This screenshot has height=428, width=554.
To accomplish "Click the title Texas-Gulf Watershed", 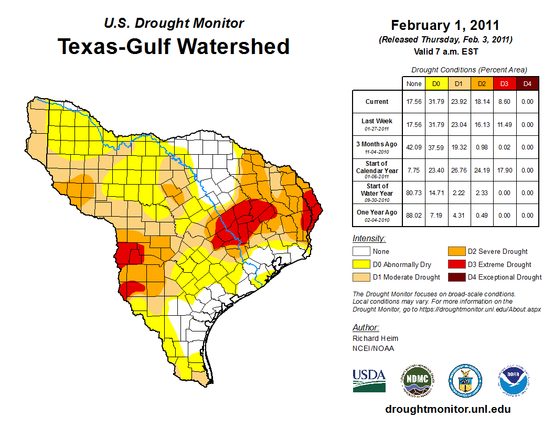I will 173,46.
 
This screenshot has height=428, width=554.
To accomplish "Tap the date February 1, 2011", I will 445,25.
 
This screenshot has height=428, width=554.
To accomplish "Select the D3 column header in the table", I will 504,83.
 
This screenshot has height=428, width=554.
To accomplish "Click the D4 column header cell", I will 527,83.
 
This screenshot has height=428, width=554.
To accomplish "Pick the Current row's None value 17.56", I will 414,102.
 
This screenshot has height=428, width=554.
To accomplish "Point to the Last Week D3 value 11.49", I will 504,125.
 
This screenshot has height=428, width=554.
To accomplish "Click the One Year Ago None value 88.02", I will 414,216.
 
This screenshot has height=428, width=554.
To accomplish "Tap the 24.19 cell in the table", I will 481,170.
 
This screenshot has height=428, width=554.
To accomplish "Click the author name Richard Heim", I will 375,338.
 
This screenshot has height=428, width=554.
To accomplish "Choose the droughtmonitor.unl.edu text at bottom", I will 448,409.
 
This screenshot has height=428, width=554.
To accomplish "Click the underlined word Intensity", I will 369,238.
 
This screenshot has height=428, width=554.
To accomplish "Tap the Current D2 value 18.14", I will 481,102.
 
